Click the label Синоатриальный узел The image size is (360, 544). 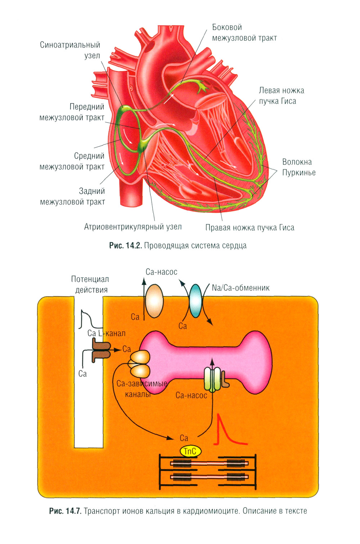[70, 50]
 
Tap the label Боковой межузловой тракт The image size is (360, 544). [244, 33]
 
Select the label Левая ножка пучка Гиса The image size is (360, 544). [281, 96]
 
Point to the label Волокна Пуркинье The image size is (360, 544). [298, 167]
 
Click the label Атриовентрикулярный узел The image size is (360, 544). [133, 227]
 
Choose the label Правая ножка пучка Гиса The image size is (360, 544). [249, 228]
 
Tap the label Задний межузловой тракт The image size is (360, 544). [73, 197]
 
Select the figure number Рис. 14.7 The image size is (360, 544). [65, 511]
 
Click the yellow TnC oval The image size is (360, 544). [190, 451]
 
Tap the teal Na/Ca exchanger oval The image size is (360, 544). [196, 301]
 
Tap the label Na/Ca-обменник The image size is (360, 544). [240, 288]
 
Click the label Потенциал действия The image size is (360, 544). [90, 284]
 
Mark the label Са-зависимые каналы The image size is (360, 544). [141, 389]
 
